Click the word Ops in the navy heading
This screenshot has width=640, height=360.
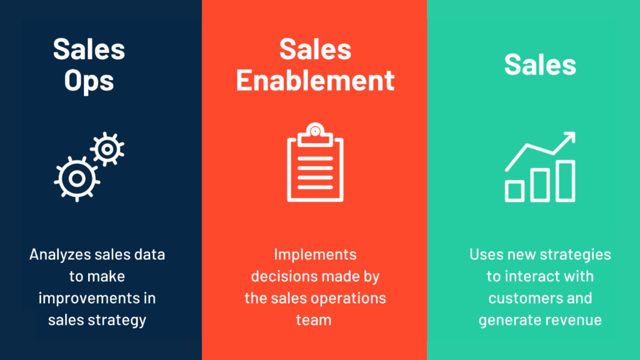coord(89,81)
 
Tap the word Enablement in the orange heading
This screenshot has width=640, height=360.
coord(315,81)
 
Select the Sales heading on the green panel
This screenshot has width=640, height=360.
coord(540,65)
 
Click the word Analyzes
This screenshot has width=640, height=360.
coord(60,255)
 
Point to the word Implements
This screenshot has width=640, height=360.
coord(315,255)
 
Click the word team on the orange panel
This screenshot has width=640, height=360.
coord(314,320)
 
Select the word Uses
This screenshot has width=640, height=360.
coord(486,255)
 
